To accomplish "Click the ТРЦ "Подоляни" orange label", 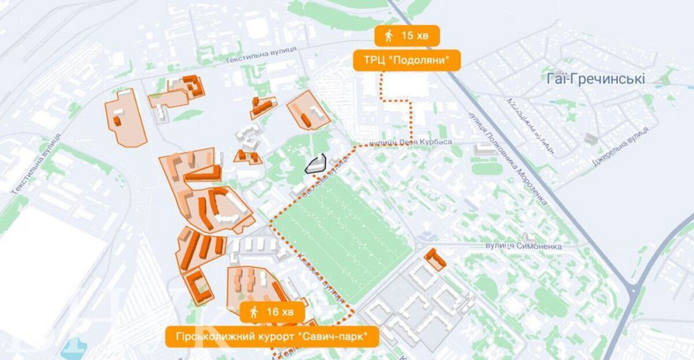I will click(x=407, y=60).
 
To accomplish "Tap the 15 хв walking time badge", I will click(x=407, y=35).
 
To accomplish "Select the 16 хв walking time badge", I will click(x=272, y=312).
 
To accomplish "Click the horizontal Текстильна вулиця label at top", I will click(x=261, y=55).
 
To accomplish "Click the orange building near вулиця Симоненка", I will click(x=435, y=258).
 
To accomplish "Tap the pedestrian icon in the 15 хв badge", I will click(x=389, y=35).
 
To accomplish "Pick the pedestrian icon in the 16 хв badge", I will click(x=254, y=312).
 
